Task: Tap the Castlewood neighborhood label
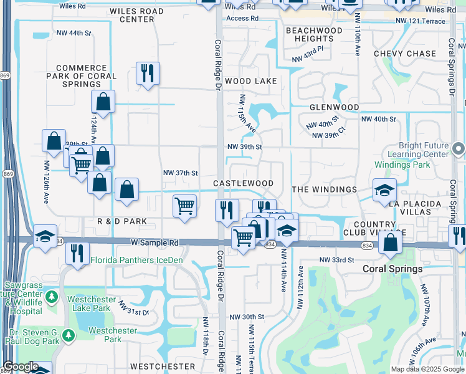(x=243, y=183)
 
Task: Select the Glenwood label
(x=335, y=107)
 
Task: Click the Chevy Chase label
(x=405, y=54)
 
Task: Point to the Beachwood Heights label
(x=314, y=34)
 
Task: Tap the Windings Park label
(x=402, y=165)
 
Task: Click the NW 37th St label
(x=180, y=173)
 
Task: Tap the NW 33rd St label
(x=336, y=259)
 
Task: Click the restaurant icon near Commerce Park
(x=148, y=73)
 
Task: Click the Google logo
(x=21, y=367)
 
